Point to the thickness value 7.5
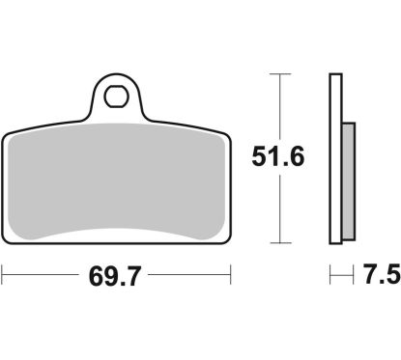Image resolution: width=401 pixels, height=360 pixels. [x=381, y=278]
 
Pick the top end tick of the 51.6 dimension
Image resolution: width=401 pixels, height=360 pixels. [x=280, y=74]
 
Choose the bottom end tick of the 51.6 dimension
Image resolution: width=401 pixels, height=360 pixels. [x=280, y=243]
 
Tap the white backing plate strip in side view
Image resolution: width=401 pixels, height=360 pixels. [x=336, y=159]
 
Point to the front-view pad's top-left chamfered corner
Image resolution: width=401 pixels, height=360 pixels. [x=10, y=137]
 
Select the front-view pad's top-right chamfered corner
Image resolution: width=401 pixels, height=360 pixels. [x=228, y=137]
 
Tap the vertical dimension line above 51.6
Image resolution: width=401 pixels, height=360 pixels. [x=280, y=106]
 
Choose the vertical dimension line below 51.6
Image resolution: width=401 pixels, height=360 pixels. [x=280, y=212]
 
